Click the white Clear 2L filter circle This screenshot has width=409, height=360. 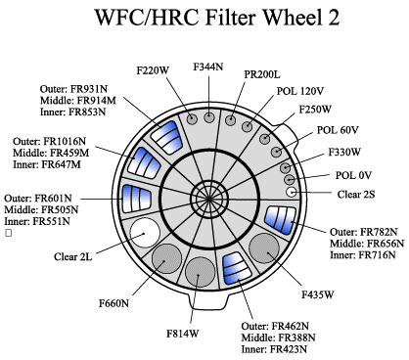coord(145,233)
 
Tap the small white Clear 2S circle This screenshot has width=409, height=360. coord(291,192)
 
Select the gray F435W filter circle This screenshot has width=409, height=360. coord(264,248)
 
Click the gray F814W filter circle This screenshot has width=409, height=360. coord(201,272)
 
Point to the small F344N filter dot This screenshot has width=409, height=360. coord(209,116)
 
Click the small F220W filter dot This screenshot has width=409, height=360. coord(193,119)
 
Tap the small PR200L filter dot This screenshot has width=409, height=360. coord(231,119)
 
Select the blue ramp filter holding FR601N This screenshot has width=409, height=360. coord(136,199)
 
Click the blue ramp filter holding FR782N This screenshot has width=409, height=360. coord(281,219)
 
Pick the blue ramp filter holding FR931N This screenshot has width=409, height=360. coord(166,137)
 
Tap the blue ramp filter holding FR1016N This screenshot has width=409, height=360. coord(144,163)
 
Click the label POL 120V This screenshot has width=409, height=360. coord(300,91)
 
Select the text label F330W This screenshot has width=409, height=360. coord(344,152)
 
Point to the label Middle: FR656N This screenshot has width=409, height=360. coord(367,244)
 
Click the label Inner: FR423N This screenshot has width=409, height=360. coord(274,349)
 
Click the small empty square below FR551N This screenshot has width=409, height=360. coord(9,233)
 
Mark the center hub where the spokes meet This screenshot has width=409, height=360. coord(208,199)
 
